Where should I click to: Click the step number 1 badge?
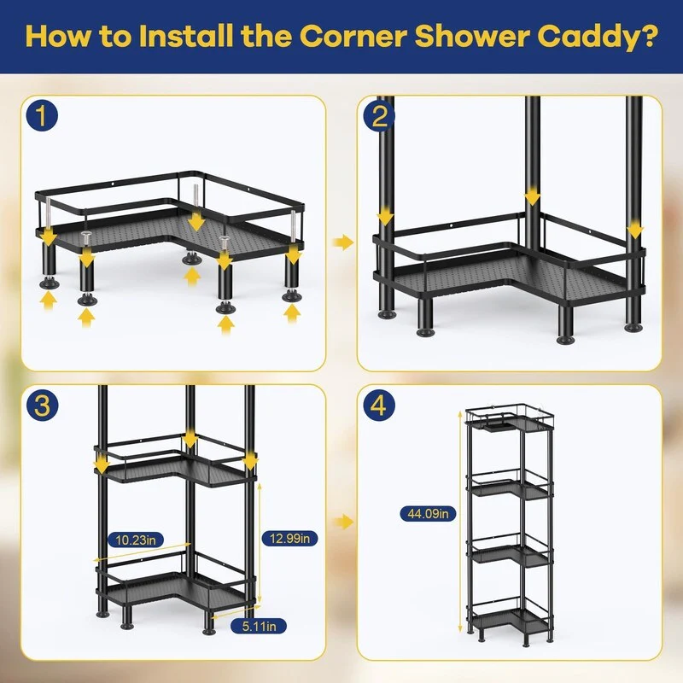(x=42, y=115)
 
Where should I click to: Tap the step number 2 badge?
(x=379, y=115)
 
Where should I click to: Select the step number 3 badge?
(x=42, y=405)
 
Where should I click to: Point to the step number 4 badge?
(x=379, y=405)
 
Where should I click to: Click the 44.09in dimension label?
(x=428, y=514)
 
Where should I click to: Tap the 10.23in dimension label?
(x=136, y=540)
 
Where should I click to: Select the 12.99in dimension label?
(x=289, y=539)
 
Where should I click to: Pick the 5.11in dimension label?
(x=259, y=627)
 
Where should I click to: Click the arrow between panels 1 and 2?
(x=343, y=242)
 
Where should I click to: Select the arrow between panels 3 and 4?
(x=343, y=521)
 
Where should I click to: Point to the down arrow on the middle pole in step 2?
(x=532, y=196)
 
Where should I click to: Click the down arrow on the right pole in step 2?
(x=635, y=230)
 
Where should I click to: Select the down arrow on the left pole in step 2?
(x=385, y=217)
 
